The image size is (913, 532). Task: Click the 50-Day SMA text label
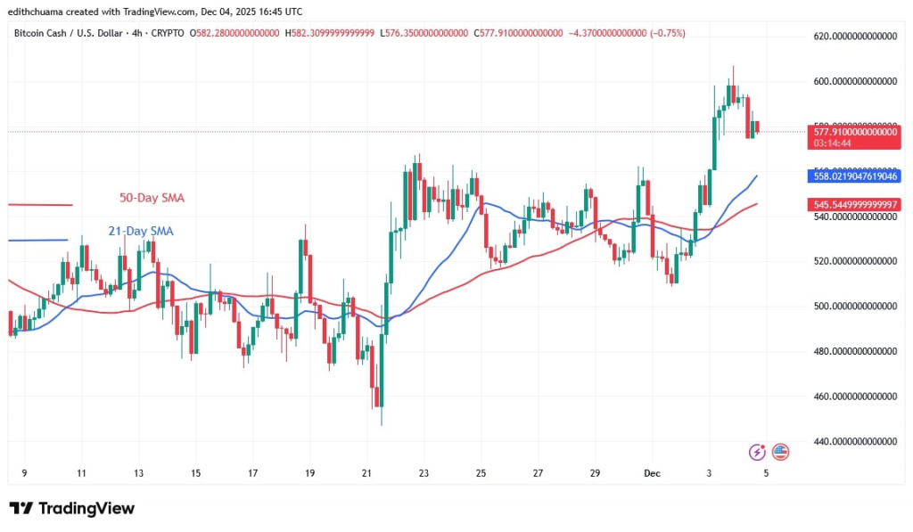point(152,198)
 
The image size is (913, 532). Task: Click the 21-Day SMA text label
point(141,232)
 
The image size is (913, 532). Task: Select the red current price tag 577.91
point(854,131)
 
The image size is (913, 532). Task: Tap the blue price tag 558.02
point(854,176)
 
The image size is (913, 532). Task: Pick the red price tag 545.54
point(854,204)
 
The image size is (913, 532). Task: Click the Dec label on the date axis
point(653,473)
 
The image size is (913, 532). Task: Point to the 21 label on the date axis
point(366,473)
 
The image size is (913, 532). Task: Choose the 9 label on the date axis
point(23,473)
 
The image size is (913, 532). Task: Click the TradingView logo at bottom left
point(72,509)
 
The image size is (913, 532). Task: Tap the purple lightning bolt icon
point(757,452)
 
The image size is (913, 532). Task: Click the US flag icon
point(780,452)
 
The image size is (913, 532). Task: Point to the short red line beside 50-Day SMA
point(40,205)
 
